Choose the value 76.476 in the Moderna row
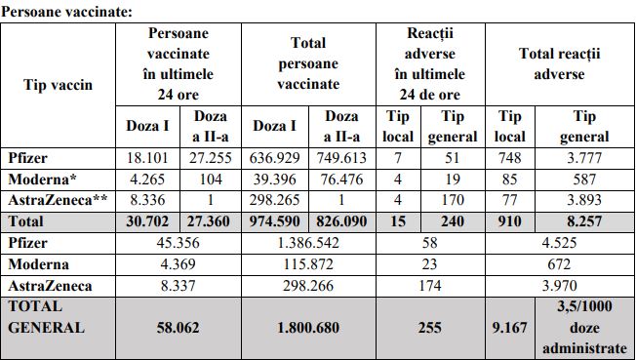coord(341,180)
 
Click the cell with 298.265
coord(275,201)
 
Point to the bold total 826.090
coord(341,221)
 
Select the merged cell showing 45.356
coord(178,242)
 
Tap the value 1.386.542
coord(308,242)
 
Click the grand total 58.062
coord(178,328)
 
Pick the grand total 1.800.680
coord(308,328)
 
